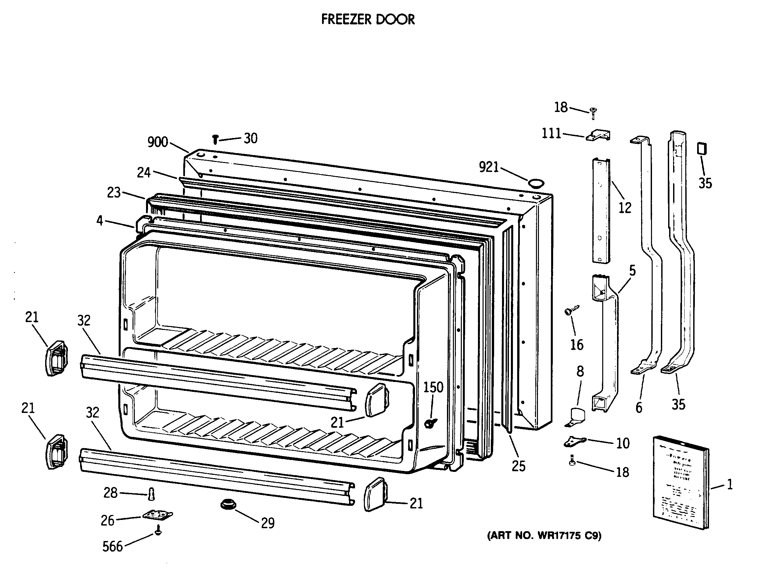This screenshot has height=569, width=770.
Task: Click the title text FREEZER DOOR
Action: (x=368, y=19)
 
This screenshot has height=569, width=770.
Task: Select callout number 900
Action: (x=158, y=142)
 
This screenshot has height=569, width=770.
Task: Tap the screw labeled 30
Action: (x=216, y=139)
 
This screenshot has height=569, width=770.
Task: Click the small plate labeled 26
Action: (x=158, y=515)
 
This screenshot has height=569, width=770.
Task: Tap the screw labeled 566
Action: (x=158, y=531)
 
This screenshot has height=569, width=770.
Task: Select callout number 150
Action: (x=433, y=387)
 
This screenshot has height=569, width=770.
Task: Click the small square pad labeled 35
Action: (x=702, y=149)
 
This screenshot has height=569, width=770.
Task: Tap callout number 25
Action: (x=518, y=466)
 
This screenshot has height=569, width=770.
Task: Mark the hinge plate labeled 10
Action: (x=575, y=441)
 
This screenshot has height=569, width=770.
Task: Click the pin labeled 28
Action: (x=151, y=494)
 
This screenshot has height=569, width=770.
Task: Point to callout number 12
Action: (x=625, y=208)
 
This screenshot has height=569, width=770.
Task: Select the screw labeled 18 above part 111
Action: (x=593, y=112)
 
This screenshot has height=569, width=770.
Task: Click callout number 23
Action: (x=113, y=193)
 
